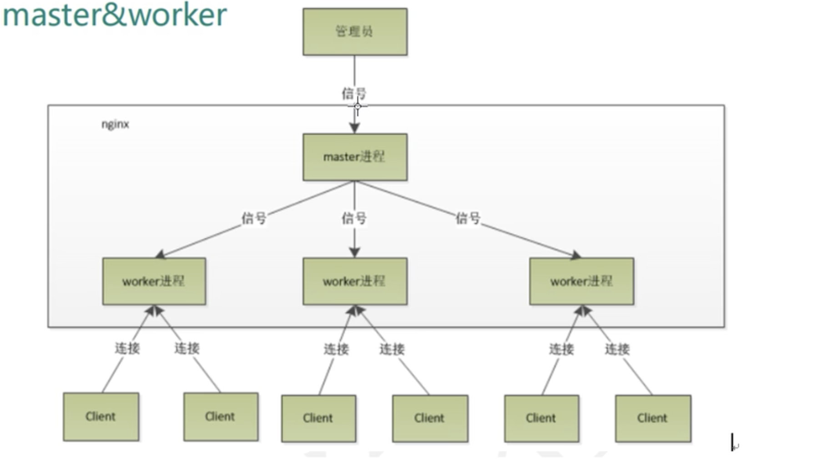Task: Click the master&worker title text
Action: click(115, 15)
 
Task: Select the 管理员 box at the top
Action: click(355, 32)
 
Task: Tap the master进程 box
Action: click(355, 157)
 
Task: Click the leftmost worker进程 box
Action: click(154, 281)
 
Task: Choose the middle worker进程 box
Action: click(355, 281)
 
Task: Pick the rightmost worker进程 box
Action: click(581, 281)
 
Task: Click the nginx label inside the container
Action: click(115, 124)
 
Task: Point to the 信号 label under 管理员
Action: click(354, 93)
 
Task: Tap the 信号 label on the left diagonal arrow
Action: click(254, 218)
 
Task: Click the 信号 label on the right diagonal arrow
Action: click(468, 218)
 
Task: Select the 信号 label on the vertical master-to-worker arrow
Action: click(354, 218)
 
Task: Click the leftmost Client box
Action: click(101, 416)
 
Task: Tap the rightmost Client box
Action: click(653, 418)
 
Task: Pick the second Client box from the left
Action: click(221, 416)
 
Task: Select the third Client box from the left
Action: click(318, 418)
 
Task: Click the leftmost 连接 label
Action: click(127, 348)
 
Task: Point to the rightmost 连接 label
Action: click(617, 349)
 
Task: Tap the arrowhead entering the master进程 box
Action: click(355, 128)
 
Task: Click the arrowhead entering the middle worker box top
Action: click(355, 252)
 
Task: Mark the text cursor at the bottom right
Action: click(732, 442)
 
